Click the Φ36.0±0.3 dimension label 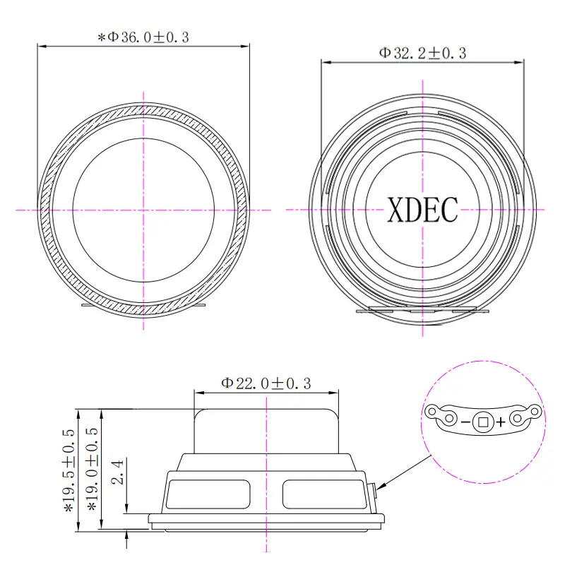tap(143, 37)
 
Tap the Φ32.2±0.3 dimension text tap(422, 54)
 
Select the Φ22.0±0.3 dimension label tap(266, 383)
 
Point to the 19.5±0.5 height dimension tap(69, 470)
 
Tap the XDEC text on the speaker tap(422, 210)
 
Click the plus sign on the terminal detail tap(501, 422)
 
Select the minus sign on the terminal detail tap(465, 422)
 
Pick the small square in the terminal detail tap(483, 422)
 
